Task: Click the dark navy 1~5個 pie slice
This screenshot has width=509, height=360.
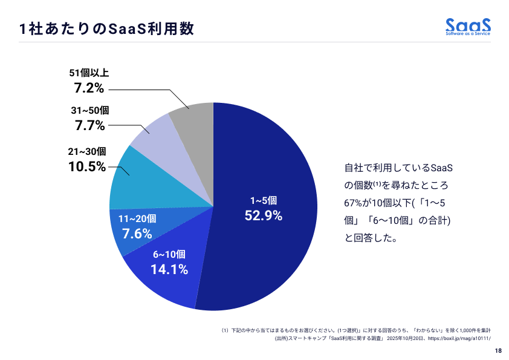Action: pos(272,182)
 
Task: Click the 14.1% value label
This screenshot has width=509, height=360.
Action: pos(169,269)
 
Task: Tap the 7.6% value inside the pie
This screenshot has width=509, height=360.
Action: pos(137,234)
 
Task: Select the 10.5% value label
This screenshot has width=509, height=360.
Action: pos(87,166)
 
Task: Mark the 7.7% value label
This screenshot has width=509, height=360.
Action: pos(90,126)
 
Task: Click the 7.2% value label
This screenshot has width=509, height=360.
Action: pos(89,88)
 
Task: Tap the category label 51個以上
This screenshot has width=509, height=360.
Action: pos(89,73)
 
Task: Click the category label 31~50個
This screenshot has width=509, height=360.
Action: pos(90,111)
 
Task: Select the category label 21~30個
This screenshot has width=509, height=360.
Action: pos(87,151)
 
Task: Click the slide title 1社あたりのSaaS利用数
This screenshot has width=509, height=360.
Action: pos(106,28)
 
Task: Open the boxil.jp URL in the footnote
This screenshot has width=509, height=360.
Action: pos(459,339)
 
